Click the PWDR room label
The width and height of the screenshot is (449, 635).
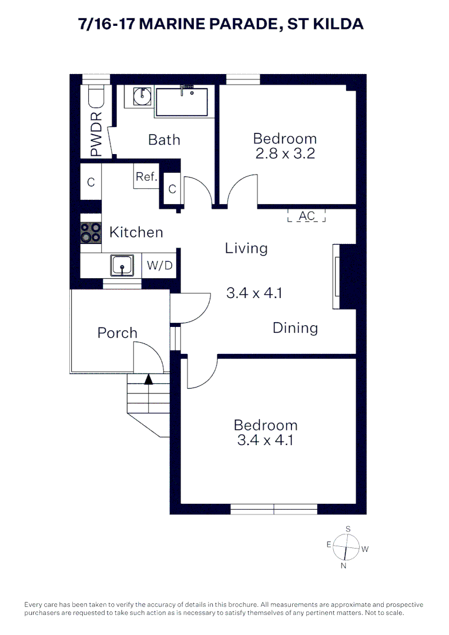pos(96,135)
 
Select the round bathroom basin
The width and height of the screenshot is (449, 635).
pos(142,96)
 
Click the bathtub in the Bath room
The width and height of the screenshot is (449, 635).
pos(182,102)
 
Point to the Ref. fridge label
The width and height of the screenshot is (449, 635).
pos(146,176)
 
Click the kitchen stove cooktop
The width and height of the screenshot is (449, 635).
pos(91,233)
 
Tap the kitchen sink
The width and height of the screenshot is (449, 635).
pos(122,266)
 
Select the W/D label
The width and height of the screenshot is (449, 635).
pos(159,265)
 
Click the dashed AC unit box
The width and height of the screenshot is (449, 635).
pos(307,215)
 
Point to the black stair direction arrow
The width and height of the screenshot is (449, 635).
pos(149,379)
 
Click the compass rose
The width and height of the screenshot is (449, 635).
pos(346,547)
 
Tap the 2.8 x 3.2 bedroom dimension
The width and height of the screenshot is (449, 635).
pos(285,153)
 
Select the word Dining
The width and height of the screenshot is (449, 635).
pos(295,327)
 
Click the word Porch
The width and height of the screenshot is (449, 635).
pos(118,333)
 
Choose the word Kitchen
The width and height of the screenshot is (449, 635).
pos(136,232)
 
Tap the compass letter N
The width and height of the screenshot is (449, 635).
pos(343,566)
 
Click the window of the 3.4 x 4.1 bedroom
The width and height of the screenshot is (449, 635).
pos(274,509)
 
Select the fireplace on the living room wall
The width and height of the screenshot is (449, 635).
pos(344,276)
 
